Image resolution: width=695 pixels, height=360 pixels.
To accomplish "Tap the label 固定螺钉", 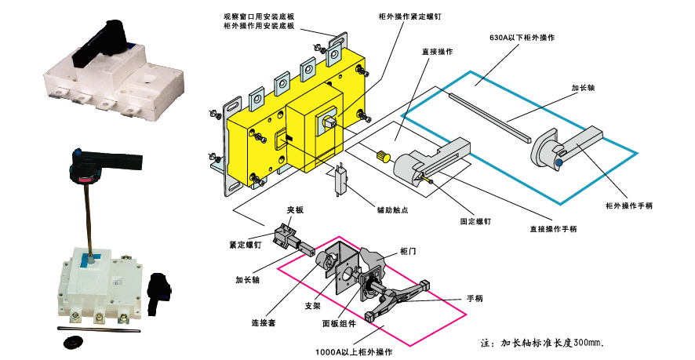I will coord(475,222).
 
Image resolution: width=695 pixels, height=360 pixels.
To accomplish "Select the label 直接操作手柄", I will coord(554,229).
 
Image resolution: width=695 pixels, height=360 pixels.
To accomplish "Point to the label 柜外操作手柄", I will coord(629,205).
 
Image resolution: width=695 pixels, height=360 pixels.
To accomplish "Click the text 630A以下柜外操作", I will coord(522,37).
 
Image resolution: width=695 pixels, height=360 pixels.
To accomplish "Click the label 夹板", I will coord(294,209).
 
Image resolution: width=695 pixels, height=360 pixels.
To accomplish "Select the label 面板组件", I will coord(339,323).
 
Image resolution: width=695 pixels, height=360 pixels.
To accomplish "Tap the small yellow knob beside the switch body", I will coord(383,155).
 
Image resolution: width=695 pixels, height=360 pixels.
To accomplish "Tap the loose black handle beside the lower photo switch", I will coord(161,285).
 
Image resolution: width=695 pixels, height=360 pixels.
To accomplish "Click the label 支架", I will coord(311,306).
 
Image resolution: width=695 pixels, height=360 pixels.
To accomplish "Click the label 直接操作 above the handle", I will coord(436,51).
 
